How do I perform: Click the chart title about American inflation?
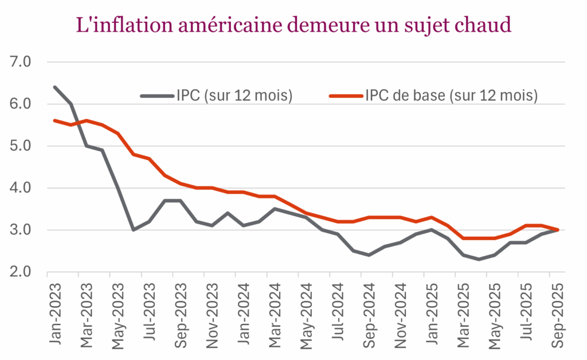click(x=293, y=25)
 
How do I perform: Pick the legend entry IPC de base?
click(x=451, y=96)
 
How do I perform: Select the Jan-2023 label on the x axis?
click(x=56, y=312)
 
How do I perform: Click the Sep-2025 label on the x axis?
click(x=555, y=312)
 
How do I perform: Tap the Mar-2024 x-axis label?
click(x=274, y=312)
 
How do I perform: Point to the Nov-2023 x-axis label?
click(x=212, y=312)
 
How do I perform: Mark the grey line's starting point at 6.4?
click(x=55, y=87)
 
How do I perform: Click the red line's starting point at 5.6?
click(x=55, y=120)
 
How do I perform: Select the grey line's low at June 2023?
click(x=133, y=230)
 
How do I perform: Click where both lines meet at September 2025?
click(x=557, y=230)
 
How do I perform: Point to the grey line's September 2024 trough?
click(x=369, y=255)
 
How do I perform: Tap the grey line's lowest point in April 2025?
click(x=479, y=259)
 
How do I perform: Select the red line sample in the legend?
click(x=346, y=96)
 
